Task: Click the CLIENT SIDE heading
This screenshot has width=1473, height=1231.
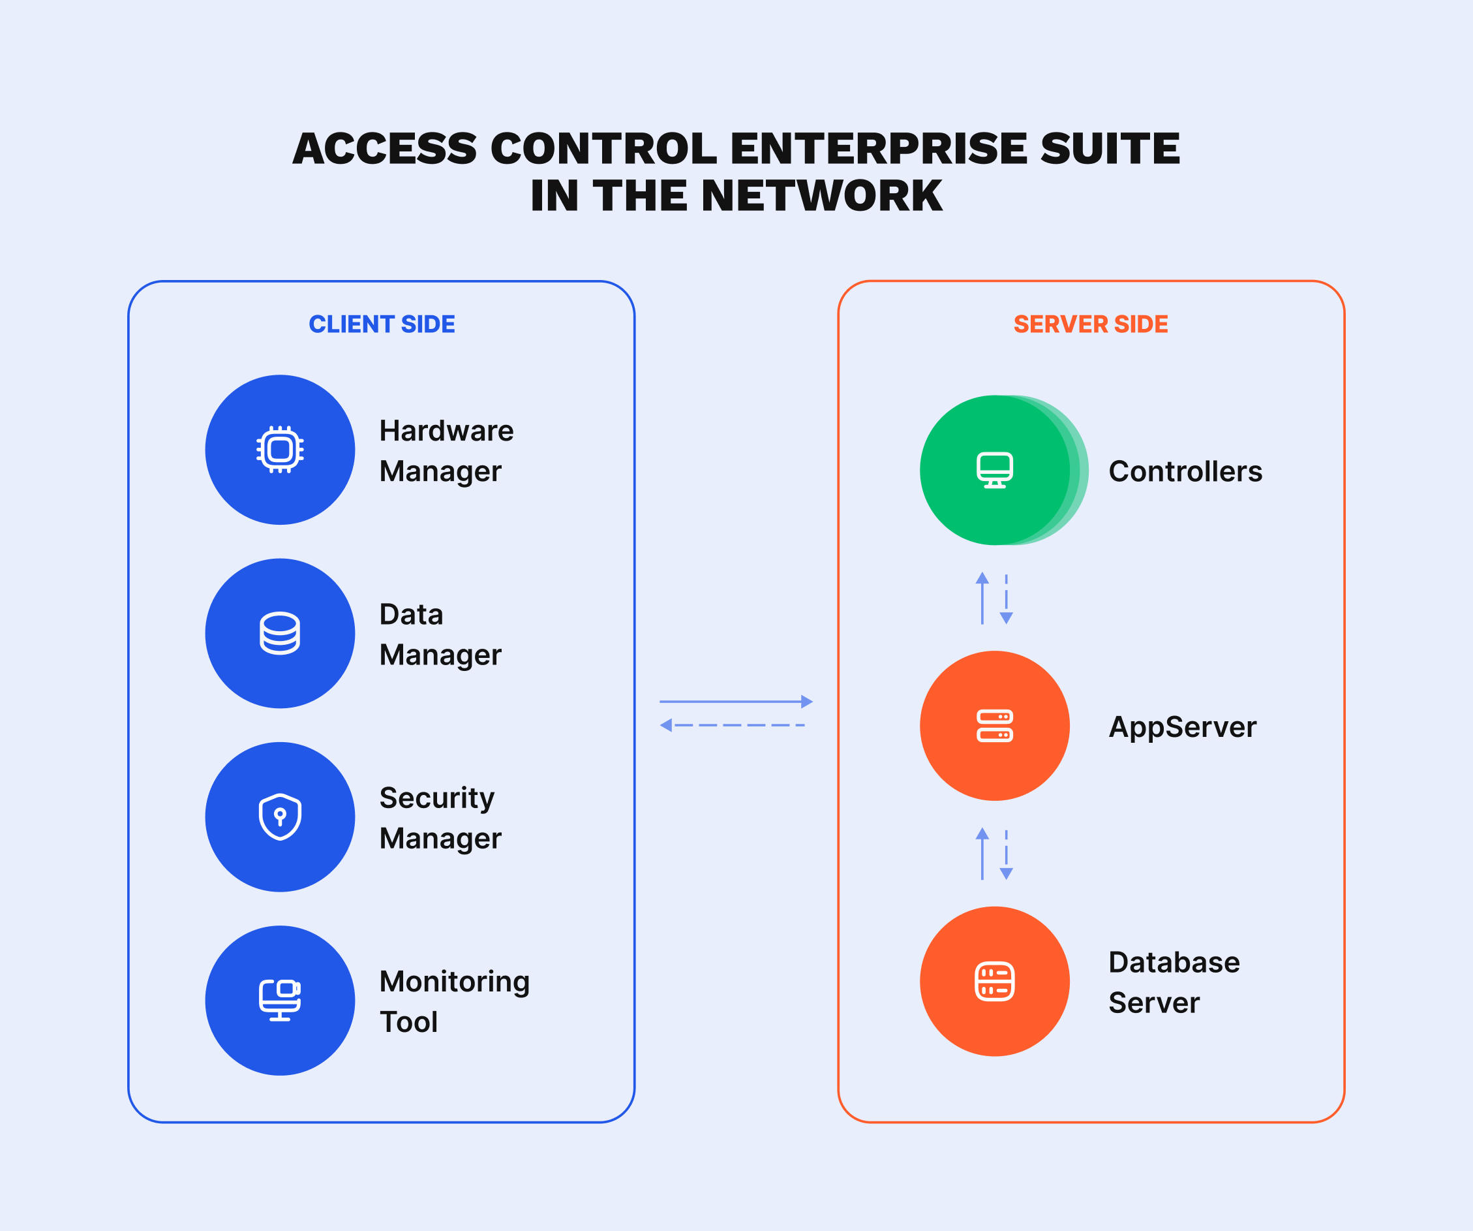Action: pos(382,324)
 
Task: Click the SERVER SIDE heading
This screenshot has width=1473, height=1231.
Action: pos(1091,324)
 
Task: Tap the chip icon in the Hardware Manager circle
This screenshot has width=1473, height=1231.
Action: pos(280,449)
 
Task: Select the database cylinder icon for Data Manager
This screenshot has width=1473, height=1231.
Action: pos(280,633)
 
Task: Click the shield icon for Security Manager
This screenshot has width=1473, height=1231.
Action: pos(280,817)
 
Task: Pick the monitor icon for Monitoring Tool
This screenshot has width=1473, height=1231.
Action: pos(280,1000)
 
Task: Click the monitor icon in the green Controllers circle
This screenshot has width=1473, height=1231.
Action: pos(995,470)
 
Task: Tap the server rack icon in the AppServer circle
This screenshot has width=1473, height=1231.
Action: pos(995,726)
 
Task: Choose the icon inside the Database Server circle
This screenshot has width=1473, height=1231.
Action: pos(995,981)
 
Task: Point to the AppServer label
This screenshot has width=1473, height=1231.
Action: pos(1183,727)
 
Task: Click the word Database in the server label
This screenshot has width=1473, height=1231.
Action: pos(1174,962)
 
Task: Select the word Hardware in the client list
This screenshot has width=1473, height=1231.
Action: pos(446,431)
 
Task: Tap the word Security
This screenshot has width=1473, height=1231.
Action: pos(437,799)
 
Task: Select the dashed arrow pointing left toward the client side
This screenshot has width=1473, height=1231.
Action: pos(733,725)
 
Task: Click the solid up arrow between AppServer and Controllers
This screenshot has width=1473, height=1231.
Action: pos(982,599)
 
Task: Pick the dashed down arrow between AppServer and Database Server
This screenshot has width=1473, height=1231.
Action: pos(1006,855)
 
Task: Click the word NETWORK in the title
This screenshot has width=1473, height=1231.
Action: pos(821,196)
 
